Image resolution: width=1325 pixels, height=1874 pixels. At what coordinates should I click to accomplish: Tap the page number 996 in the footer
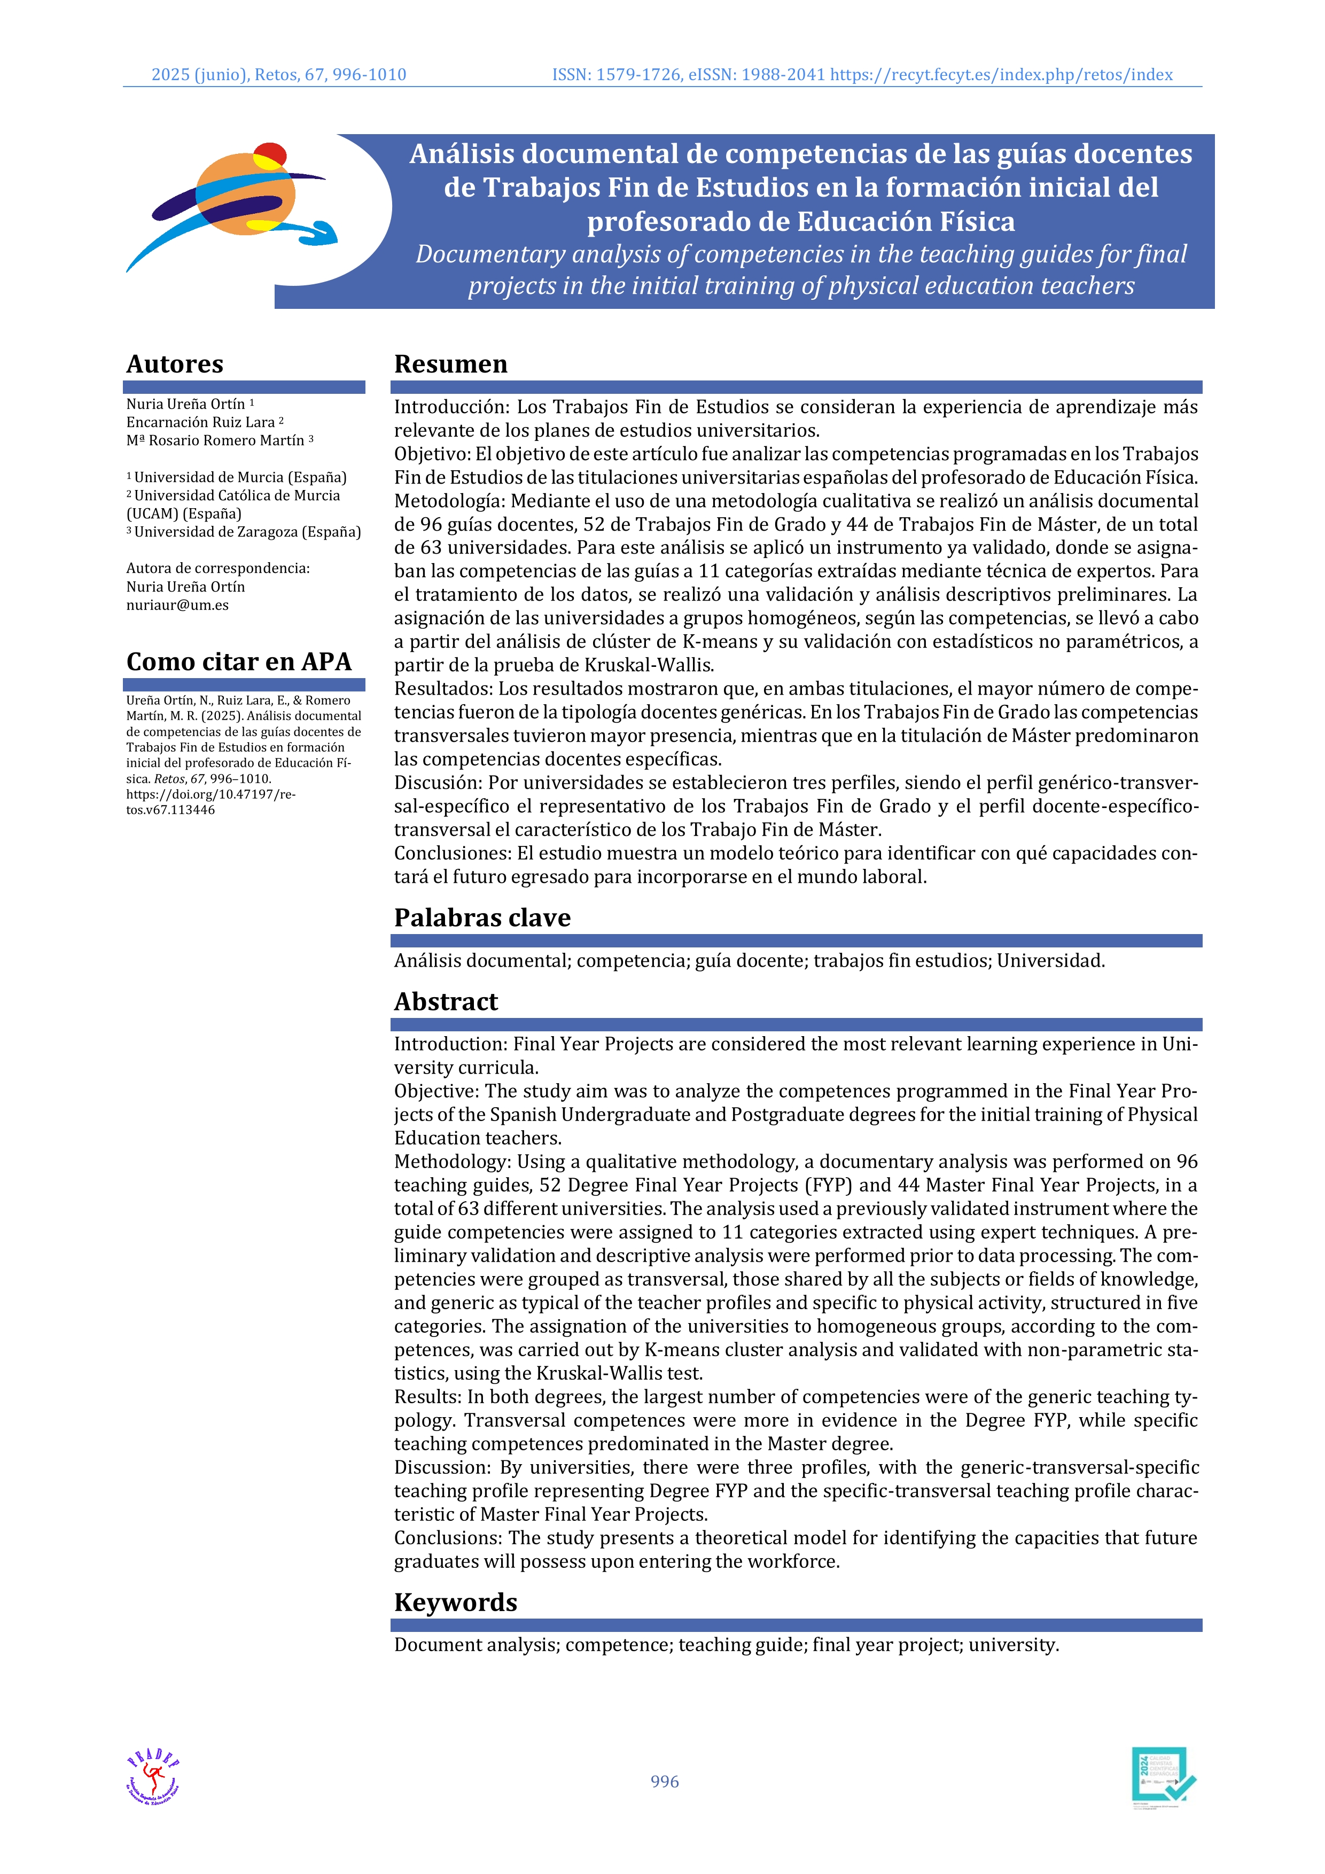coord(664,1781)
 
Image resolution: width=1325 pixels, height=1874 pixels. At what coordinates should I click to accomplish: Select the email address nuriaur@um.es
coord(177,605)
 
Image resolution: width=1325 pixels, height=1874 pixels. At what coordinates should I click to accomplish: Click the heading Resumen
coord(450,364)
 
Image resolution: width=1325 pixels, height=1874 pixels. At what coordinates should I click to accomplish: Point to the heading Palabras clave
coord(482,917)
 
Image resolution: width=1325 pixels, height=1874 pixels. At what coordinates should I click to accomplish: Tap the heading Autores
coord(175,364)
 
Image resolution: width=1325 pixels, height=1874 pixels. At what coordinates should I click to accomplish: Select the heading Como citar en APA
coord(238,661)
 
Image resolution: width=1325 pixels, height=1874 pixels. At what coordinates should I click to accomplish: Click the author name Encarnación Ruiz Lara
coord(201,422)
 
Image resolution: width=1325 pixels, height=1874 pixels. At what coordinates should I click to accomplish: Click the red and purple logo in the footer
coord(153,1777)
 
